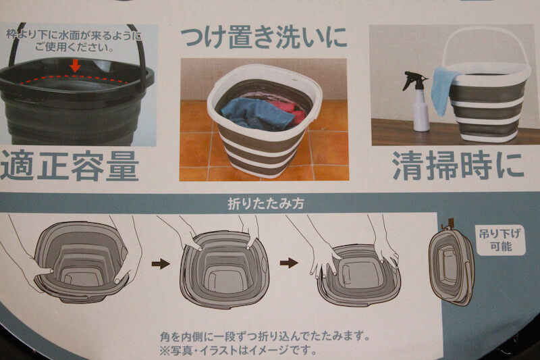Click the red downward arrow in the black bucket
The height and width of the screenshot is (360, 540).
click(75, 65)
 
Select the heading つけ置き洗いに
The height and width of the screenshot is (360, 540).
click(263, 37)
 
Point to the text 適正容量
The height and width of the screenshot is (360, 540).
click(70, 166)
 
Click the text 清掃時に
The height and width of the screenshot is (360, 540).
click(458, 166)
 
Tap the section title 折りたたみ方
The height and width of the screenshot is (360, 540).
click(266, 203)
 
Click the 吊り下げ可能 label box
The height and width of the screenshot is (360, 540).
click(501, 240)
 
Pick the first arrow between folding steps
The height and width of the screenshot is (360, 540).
click(161, 264)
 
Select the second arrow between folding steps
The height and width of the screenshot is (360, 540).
click(289, 263)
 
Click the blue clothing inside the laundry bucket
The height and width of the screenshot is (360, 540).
click(255, 114)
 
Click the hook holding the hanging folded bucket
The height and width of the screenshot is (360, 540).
click(447, 225)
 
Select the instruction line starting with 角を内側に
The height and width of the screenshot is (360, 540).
click(265, 336)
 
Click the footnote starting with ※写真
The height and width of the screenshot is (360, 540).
click(238, 351)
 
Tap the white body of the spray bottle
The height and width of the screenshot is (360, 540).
click(421, 111)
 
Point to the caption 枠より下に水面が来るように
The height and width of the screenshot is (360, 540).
click(74, 35)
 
